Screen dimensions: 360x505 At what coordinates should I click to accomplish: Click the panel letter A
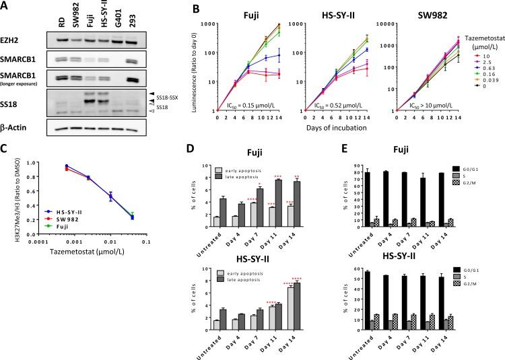(6, 6)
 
